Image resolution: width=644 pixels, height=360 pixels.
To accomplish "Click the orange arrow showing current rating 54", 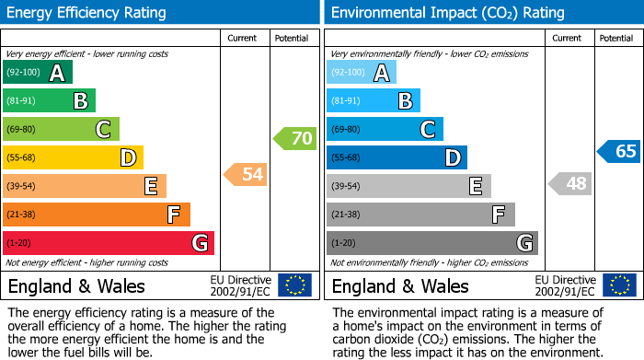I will [x=246, y=174].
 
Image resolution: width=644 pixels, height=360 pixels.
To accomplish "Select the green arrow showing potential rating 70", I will [x=294, y=139].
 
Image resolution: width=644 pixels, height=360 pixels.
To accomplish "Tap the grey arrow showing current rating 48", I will [x=569, y=183].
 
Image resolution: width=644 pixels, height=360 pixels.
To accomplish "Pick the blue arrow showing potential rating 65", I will [x=618, y=151].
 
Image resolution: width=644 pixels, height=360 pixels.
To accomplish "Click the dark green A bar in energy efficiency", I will [x=38, y=73].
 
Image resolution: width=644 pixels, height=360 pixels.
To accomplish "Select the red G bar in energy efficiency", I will [x=109, y=243].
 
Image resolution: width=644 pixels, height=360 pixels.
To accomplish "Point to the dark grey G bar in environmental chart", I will [x=431, y=243].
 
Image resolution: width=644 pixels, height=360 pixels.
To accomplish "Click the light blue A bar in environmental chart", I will [x=362, y=73].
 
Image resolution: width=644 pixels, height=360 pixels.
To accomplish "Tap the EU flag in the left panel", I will [x=294, y=285].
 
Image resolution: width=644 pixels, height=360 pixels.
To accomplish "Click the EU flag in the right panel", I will [x=618, y=285].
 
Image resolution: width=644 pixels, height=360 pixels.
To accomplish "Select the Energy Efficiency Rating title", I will [x=87, y=13].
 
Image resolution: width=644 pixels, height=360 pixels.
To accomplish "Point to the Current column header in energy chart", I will [x=242, y=38].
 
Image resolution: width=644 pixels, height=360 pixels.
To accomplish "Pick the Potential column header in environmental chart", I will [x=615, y=38].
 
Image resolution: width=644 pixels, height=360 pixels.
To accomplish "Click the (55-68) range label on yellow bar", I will [x=22, y=158].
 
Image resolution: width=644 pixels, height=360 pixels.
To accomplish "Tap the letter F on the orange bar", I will [x=173, y=215].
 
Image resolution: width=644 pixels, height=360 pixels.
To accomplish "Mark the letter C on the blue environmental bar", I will [x=427, y=130].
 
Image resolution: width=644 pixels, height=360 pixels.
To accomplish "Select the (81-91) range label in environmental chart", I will [x=346, y=101].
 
